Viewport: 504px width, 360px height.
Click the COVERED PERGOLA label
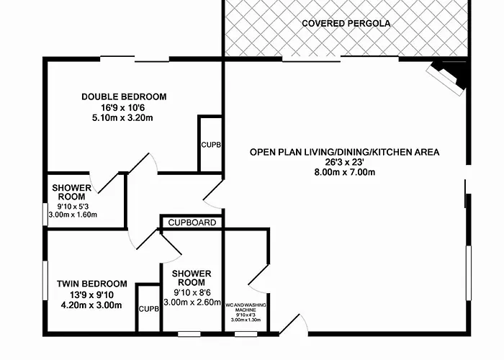(x=346, y=24)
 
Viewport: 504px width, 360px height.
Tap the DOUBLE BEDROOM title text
(x=124, y=96)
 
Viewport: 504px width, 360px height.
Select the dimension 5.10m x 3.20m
(x=122, y=118)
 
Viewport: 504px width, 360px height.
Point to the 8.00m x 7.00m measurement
(x=345, y=172)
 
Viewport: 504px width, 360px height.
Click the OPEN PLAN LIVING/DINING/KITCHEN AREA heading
(x=345, y=152)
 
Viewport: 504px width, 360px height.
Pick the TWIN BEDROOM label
(x=92, y=284)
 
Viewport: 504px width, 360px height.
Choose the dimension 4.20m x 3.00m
(x=91, y=305)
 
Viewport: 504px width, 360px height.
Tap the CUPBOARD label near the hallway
(x=192, y=222)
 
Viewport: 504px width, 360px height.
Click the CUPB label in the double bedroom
(x=211, y=145)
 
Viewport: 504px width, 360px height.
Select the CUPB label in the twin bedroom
(x=149, y=309)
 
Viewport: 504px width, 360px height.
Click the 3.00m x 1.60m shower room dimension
(x=73, y=215)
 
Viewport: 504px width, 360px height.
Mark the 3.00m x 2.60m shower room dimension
(x=192, y=302)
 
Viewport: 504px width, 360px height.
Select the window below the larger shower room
(x=189, y=334)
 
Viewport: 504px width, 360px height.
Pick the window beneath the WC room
(x=246, y=334)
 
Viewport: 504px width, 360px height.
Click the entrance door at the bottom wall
(x=294, y=325)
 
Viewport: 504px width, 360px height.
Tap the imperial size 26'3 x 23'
(x=345, y=162)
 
